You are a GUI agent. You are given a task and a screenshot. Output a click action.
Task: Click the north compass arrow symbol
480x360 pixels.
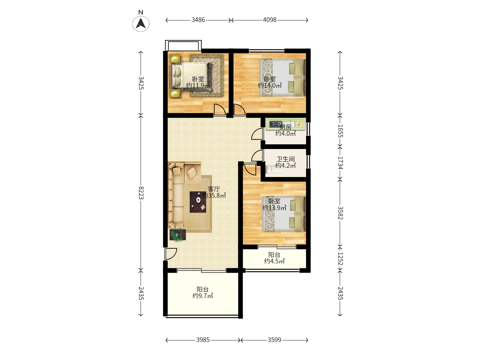(x=141, y=23)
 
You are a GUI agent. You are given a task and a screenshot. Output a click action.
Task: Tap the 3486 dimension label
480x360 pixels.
(x=198, y=20)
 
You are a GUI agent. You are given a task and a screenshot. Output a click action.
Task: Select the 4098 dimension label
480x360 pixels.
(x=270, y=20)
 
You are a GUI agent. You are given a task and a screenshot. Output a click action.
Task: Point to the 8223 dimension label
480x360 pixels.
(x=141, y=193)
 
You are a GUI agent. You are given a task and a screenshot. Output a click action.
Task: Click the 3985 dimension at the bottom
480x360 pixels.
(x=203, y=340)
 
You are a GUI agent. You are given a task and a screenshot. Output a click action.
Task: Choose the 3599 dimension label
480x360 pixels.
(x=274, y=340)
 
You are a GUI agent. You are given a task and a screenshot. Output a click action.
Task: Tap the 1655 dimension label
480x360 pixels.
(x=340, y=131)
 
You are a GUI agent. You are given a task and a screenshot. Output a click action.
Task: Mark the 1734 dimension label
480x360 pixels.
(x=340, y=163)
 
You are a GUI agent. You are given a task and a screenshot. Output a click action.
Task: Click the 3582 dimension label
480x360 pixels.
(x=340, y=213)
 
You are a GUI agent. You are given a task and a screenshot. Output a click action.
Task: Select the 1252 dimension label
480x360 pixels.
(x=340, y=259)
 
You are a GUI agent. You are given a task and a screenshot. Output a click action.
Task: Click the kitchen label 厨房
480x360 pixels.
(x=285, y=127)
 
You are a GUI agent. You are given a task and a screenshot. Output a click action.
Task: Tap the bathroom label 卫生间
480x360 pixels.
(x=286, y=159)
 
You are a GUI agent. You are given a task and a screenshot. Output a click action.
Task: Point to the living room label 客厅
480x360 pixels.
(x=214, y=189)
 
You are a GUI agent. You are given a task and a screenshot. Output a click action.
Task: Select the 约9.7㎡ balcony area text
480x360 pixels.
(x=202, y=296)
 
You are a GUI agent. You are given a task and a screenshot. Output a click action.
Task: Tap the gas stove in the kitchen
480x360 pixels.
(x=276, y=124)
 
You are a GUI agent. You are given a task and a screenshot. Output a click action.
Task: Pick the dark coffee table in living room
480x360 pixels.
(x=198, y=202)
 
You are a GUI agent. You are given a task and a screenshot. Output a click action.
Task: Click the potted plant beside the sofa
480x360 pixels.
(x=178, y=235)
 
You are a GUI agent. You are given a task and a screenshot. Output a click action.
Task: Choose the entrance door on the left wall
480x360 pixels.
(x=171, y=254)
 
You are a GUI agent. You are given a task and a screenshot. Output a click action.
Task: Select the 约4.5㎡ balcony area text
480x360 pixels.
(x=274, y=261)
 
